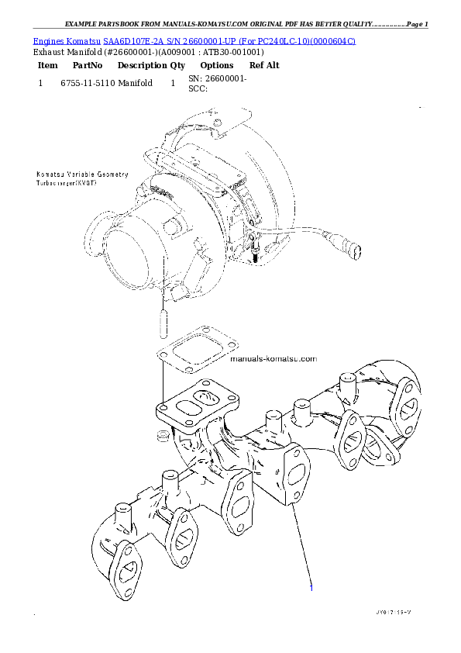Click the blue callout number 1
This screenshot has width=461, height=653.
coord(311,588)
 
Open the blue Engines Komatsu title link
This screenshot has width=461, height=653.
coord(194,40)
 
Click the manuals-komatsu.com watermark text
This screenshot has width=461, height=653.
coord(274,359)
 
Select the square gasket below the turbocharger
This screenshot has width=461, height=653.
coord(189,351)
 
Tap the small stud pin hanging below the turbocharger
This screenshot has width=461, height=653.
coord(161,320)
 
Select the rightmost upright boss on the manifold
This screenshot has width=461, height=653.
coord(346,383)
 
